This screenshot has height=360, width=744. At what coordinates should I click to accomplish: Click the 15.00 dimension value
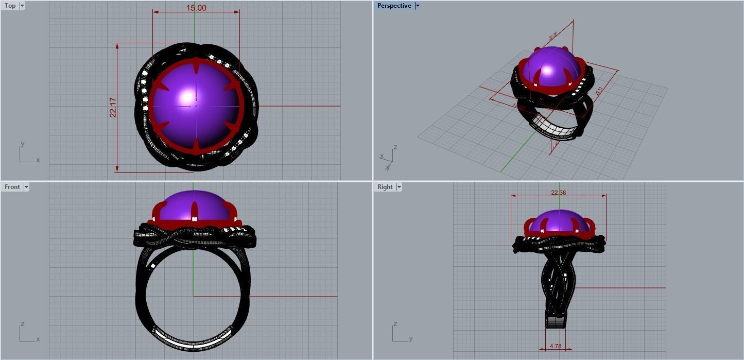click(x=196, y=8)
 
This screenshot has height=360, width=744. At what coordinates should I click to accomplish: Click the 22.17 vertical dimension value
click(x=113, y=108)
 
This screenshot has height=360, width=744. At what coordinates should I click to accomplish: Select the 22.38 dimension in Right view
click(x=558, y=193)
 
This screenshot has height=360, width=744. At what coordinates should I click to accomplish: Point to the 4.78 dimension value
click(x=555, y=346)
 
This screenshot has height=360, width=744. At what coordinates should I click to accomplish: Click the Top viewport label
click(x=10, y=6)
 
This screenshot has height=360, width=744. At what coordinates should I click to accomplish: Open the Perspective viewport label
click(x=394, y=6)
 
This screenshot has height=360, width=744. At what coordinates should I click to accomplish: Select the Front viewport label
click(x=12, y=187)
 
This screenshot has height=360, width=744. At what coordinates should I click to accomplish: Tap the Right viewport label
click(x=385, y=187)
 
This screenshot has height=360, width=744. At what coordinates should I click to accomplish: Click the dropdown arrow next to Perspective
click(x=418, y=6)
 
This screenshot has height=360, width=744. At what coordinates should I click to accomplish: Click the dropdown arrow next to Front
click(x=26, y=187)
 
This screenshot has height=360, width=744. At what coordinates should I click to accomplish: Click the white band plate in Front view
click(x=193, y=340)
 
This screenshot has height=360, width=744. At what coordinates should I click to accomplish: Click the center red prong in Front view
click(x=195, y=212)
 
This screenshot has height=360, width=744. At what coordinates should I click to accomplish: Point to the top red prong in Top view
click(x=196, y=66)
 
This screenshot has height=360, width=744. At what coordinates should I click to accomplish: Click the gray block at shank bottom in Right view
click(x=556, y=322)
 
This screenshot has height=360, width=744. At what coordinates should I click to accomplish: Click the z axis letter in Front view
click(x=22, y=324)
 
